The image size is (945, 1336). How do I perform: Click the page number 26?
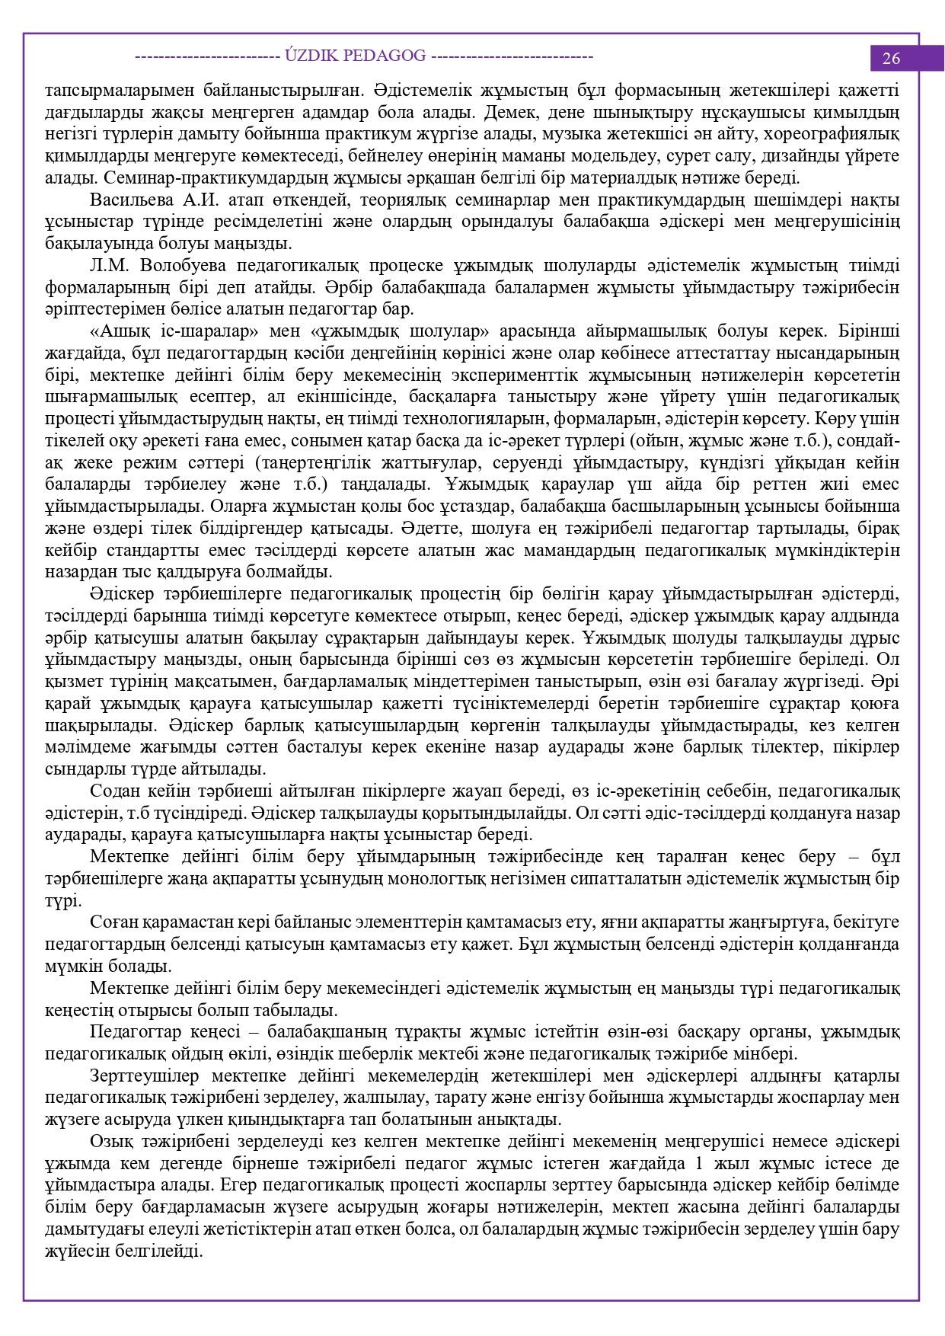(x=891, y=59)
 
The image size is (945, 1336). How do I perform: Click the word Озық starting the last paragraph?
(x=110, y=1141)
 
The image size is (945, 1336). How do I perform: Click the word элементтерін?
(x=394, y=922)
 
